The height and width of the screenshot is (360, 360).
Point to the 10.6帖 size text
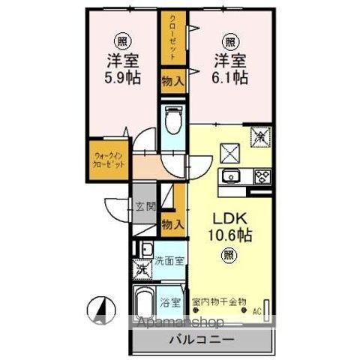tap(227, 235)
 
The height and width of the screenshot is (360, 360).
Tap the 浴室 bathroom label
tap(170, 303)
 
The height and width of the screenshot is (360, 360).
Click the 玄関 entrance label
tap(145, 206)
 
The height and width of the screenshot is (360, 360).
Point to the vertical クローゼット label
tap(172, 37)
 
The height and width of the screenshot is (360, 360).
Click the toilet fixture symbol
tap(172, 120)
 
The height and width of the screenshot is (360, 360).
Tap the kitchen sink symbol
tap(229, 177)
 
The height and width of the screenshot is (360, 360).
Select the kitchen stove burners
tap(262, 177)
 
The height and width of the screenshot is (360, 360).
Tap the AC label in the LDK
tap(256, 310)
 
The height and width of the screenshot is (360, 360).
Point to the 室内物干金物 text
tap(218, 303)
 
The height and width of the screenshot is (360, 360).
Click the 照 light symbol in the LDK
tap(227, 256)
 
